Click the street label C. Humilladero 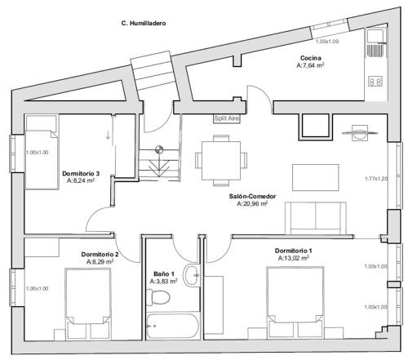pyautogui.click(x=144, y=24)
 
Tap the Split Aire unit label pyautogui.click(x=227, y=118)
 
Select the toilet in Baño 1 pyautogui.click(x=157, y=297)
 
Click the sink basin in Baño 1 pyautogui.click(x=192, y=275)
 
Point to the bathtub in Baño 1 pyautogui.click(x=172, y=326)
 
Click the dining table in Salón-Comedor pyautogui.click(x=221, y=161)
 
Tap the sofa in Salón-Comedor pyautogui.click(x=316, y=218)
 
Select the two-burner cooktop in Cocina pyautogui.click(x=375, y=82)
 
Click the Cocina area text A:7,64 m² pyautogui.click(x=310, y=65)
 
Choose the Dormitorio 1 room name pyautogui.click(x=293, y=251)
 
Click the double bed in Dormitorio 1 pyautogui.click(x=295, y=302)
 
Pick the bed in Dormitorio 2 pyautogui.click(x=88, y=304)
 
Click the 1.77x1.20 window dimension pyautogui.click(x=376, y=179)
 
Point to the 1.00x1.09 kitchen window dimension pyautogui.click(x=327, y=42)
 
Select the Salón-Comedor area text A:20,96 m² pyautogui.click(x=252, y=203)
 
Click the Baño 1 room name pyautogui.click(x=164, y=273)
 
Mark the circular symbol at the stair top pyautogui.click(x=159, y=149)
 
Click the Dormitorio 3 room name pyautogui.click(x=81, y=173)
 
